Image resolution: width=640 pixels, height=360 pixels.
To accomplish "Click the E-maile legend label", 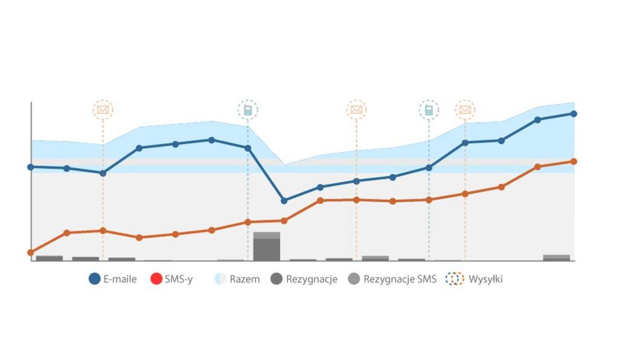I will tap(120, 279).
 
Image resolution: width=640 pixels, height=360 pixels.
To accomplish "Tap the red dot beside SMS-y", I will tap(156, 279).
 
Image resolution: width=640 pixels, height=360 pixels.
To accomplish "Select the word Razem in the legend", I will tap(245, 279).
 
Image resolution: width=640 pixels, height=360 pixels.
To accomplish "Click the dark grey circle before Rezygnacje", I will tap(276, 279).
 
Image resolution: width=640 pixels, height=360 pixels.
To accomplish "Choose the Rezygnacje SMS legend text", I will tap(399, 279).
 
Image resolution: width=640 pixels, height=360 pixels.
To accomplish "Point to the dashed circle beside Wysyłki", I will tap(455, 279).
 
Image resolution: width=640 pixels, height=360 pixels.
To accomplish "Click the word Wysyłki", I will tap(485, 279).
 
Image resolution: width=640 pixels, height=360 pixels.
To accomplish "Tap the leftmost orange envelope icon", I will tap(103, 110).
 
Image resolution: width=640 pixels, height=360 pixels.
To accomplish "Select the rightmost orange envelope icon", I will tap(465, 110).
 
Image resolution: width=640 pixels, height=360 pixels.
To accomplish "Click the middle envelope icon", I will tap(356, 110).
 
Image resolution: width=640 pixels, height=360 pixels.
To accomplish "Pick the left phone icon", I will tap(247, 110).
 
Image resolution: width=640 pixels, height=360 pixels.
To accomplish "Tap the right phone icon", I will tap(429, 110).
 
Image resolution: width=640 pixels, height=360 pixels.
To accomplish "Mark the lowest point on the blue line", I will tap(284, 201).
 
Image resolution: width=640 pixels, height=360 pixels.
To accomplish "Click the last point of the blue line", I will tap(574, 114).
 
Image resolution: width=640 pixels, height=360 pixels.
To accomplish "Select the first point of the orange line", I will tap(30, 252).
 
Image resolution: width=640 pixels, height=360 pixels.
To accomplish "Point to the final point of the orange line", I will tap(574, 161).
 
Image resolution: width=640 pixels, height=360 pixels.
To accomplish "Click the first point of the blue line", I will tap(30, 167).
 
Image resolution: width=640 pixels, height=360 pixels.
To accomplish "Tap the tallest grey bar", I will tap(267, 247).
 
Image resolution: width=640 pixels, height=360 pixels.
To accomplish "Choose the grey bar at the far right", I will tap(556, 258).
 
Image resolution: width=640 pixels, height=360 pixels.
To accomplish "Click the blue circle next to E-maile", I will tap(94, 279).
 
